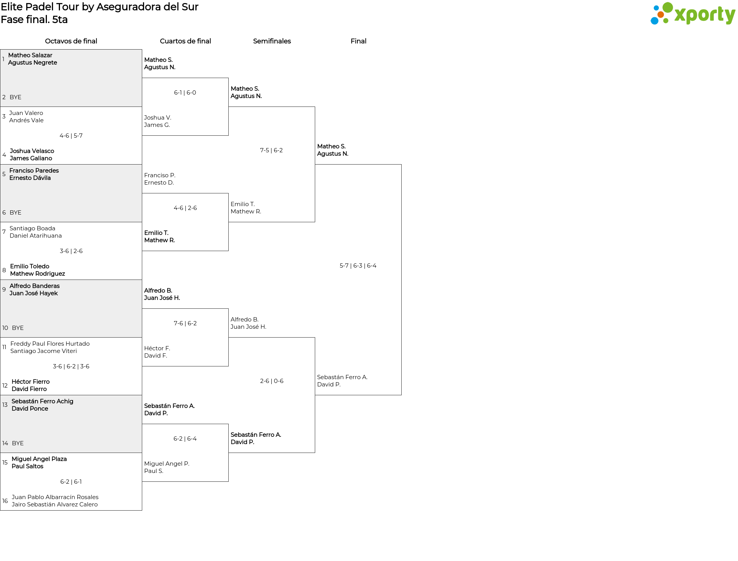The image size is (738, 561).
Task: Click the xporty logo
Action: coord(693,14)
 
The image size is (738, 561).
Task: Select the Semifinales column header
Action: coord(272,41)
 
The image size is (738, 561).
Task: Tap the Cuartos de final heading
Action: coord(185,41)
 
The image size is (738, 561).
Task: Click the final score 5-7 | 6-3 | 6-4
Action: coord(358,266)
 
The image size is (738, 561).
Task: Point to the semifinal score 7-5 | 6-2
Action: coord(271,150)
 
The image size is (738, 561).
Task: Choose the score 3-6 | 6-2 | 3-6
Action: coord(71,366)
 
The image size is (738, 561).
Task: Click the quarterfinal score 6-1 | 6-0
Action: coord(185,93)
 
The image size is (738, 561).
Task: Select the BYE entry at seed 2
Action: coord(15,97)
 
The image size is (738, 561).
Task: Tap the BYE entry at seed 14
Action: coord(18,443)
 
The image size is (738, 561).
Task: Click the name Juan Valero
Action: coord(26,113)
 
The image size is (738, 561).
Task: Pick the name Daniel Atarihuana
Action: coord(36,236)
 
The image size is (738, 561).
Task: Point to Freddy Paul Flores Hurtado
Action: coord(50,344)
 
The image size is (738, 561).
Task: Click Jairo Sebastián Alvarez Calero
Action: coord(55,504)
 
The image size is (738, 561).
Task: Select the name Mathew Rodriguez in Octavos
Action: coord(37,274)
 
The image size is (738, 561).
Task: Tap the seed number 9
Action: coord(4,290)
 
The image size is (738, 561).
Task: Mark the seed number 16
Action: coord(5,501)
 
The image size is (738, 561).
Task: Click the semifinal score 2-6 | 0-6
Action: coord(272,381)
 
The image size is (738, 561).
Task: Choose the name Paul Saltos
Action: coord(27,466)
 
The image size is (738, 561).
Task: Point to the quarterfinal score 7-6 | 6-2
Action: coord(185,323)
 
